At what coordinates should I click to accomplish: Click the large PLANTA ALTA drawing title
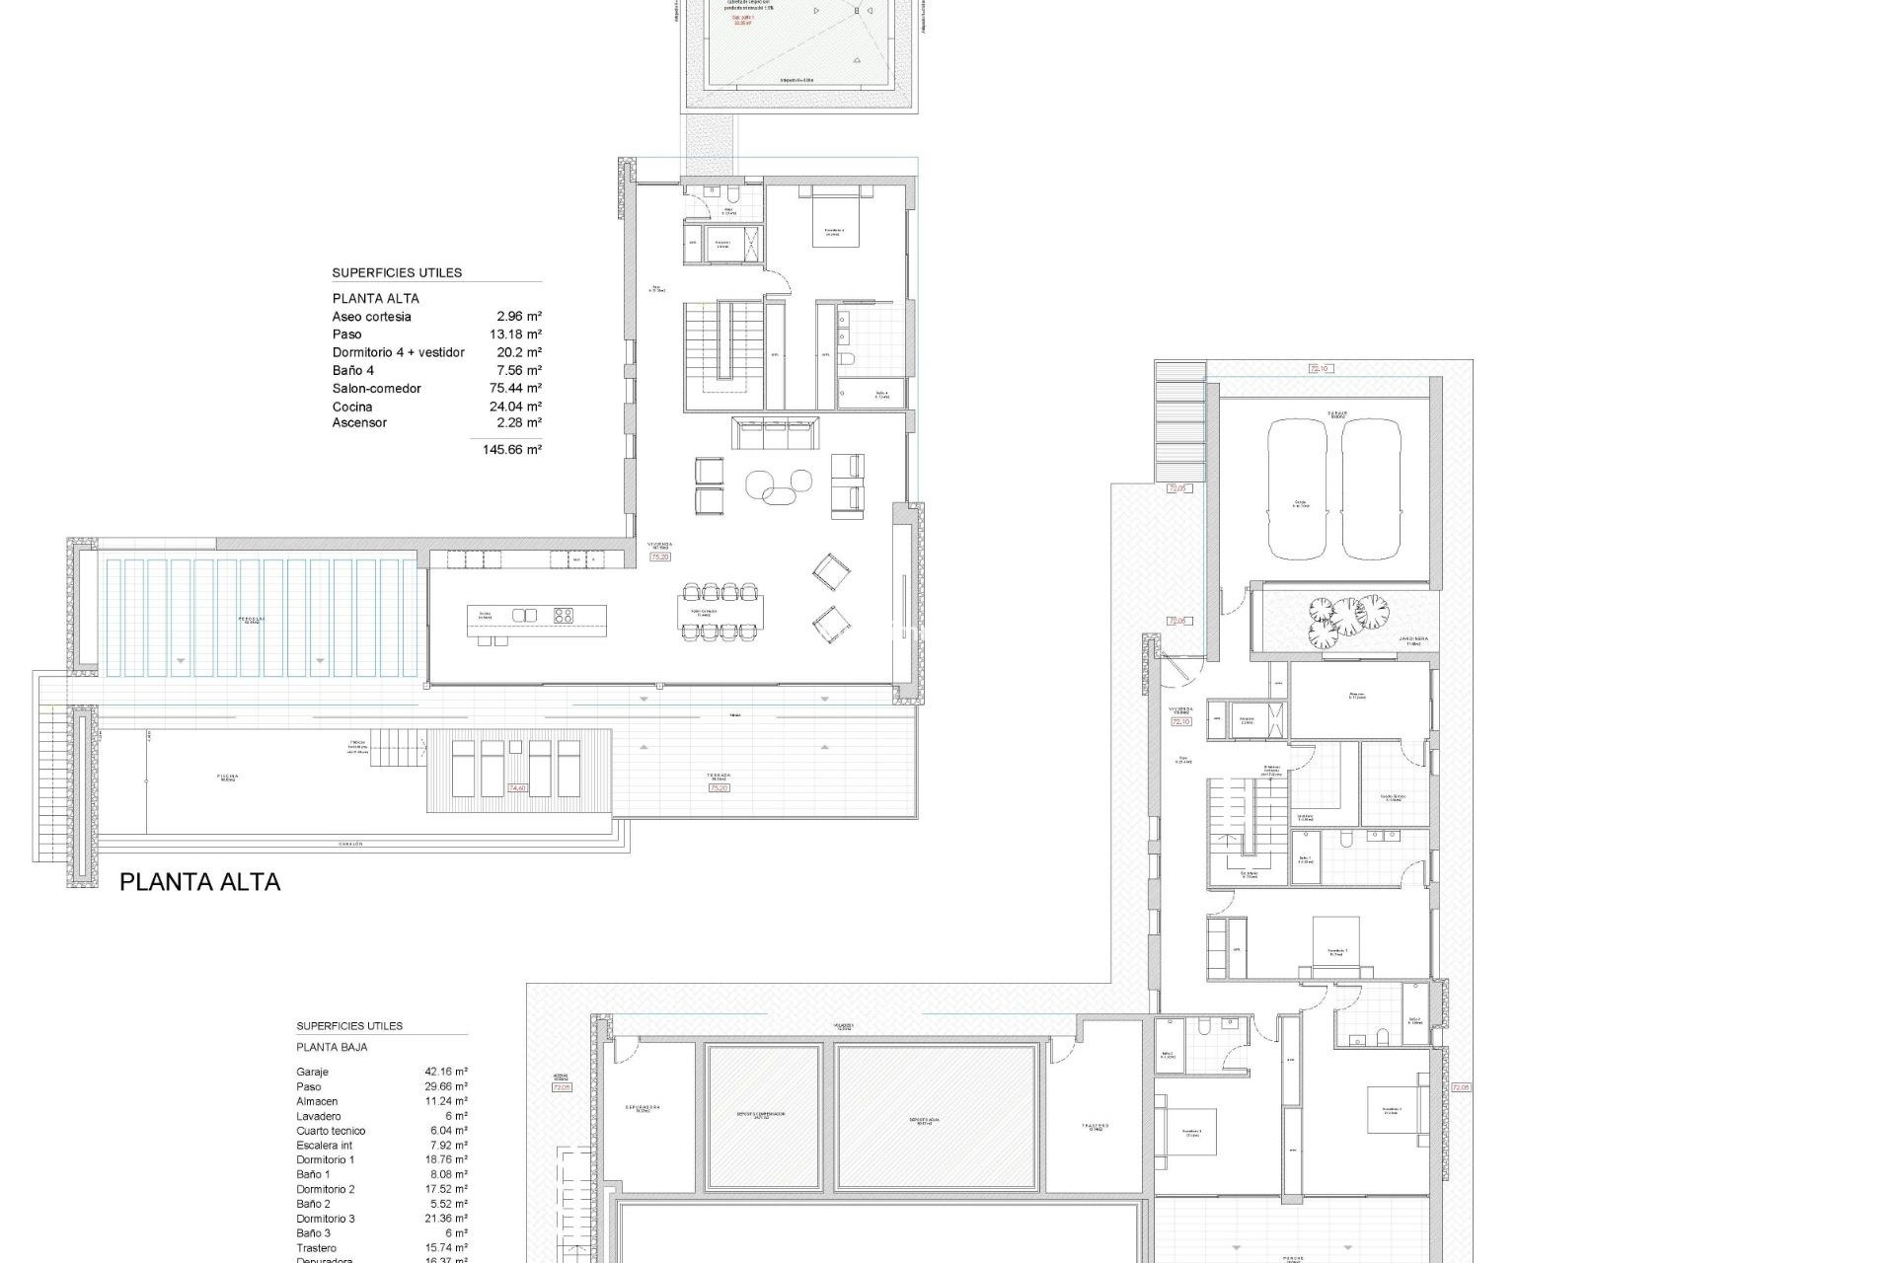click(x=199, y=882)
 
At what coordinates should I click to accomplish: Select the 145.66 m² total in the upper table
click(x=518, y=450)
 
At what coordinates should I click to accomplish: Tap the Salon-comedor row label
click(x=362, y=389)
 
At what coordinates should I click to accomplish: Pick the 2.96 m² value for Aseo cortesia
click(x=519, y=317)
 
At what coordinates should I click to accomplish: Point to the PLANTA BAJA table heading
click(x=332, y=1047)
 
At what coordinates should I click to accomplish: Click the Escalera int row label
click(x=324, y=1146)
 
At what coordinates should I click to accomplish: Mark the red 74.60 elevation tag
click(x=517, y=788)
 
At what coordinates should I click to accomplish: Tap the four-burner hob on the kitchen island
click(x=564, y=616)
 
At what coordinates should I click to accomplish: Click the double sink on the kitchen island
click(x=524, y=616)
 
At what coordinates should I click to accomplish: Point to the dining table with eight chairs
click(x=720, y=612)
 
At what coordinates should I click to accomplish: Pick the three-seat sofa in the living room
click(x=775, y=431)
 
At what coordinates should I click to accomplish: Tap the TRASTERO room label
click(x=1095, y=1126)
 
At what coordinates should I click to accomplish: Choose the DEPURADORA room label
click(x=642, y=1107)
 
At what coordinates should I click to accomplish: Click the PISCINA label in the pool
click(x=228, y=777)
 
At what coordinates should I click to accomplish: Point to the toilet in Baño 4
click(x=847, y=359)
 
